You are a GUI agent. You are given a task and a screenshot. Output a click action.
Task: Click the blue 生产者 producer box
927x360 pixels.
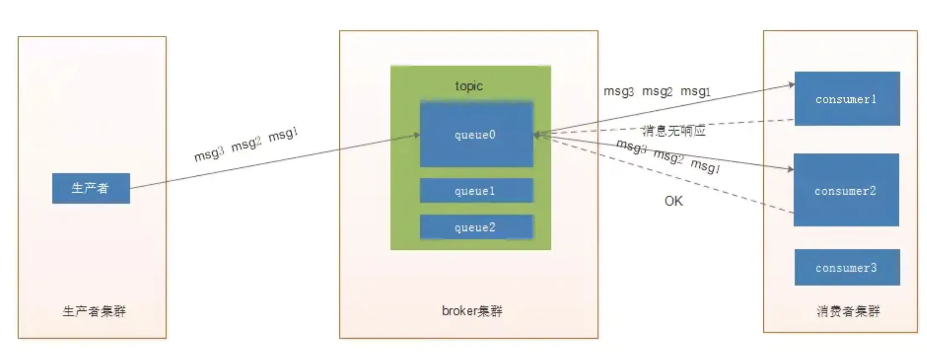click(x=91, y=188)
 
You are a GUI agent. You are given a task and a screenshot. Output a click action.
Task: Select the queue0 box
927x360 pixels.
click(x=476, y=134)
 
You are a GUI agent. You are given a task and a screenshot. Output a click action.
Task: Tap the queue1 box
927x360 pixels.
click(x=476, y=191)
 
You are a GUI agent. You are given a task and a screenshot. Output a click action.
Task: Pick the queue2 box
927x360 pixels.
click(x=476, y=227)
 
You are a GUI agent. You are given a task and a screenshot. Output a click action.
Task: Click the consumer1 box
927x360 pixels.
click(x=846, y=99)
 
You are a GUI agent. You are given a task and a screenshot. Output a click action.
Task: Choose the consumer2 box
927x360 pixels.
click(x=846, y=190)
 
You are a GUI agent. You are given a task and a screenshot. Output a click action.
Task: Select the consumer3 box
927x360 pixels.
click(x=846, y=268)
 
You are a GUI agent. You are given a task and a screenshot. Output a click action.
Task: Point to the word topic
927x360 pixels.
click(x=469, y=86)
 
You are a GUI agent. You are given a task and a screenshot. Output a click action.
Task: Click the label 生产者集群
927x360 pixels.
click(x=94, y=311)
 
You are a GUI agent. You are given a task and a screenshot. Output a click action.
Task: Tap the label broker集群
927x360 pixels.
click(x=472, y=311)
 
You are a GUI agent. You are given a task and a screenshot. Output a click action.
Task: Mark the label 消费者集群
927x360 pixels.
click(x=848, y=311)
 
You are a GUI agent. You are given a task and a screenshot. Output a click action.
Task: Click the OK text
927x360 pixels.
click(x=673, y=201)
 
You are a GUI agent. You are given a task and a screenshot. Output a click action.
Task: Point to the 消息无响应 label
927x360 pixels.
click(x=673, y=131)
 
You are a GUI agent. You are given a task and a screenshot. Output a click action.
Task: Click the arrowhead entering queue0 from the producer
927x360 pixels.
click(x=417, y=135)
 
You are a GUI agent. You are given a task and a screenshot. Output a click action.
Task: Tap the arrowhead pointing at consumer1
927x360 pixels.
click(x=792, y=85)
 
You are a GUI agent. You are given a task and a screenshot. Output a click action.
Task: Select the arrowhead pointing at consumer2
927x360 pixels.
click(x=791, y=169)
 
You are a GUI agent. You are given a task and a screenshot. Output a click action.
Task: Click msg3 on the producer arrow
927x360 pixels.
click(x=208, y=154)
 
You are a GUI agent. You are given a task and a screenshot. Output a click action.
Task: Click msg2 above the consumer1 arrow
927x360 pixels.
click(x=657, y=91)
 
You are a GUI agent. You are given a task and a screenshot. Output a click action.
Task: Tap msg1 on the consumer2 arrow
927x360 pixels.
click(x=705, y=166)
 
